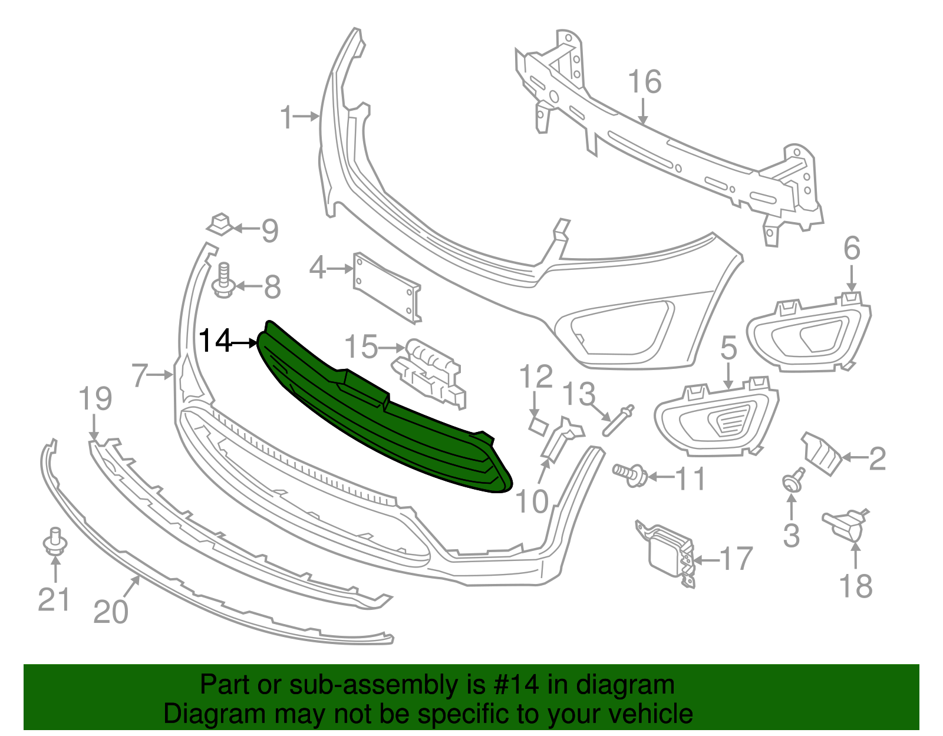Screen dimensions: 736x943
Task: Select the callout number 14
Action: click(215, 341)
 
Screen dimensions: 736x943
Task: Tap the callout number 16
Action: click(644, 82)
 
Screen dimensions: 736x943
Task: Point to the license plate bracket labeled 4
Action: click(386, 288)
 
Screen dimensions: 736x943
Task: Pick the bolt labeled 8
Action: click(223, 282)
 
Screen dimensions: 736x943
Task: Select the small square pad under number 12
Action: click(538, 425)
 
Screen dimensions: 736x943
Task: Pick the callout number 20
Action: click(111, 612)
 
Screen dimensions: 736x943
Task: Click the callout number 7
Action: click(140, 375)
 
